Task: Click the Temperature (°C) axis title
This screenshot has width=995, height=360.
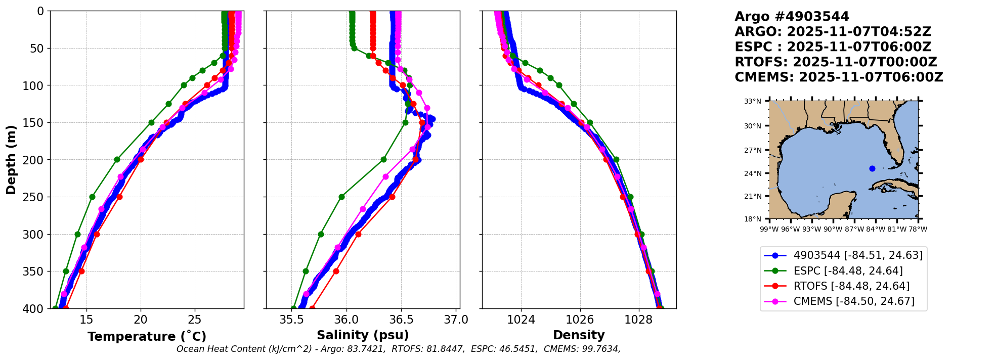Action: (x=147, y=336)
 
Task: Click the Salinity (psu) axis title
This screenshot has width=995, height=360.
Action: (x=363, y=335)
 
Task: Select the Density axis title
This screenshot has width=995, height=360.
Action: (x=579, y=335)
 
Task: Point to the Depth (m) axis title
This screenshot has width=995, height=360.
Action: (x=11, y=160)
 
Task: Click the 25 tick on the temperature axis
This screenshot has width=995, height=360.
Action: (x=195, y=320)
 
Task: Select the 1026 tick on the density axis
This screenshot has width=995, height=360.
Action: (x=580, y=320)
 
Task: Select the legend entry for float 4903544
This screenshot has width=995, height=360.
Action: (x=843, y=255)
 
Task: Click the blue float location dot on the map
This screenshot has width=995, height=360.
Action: (x=872, y=168)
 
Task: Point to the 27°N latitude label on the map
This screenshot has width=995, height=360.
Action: (x=753, y=150)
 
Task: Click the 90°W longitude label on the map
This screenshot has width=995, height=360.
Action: (x=833, y=229)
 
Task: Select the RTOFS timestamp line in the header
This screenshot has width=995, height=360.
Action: (x=836, y=62)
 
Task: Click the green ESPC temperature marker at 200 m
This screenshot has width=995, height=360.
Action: (x=117, y=159)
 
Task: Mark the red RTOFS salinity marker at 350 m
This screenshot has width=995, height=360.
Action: (x=336, y=271)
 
